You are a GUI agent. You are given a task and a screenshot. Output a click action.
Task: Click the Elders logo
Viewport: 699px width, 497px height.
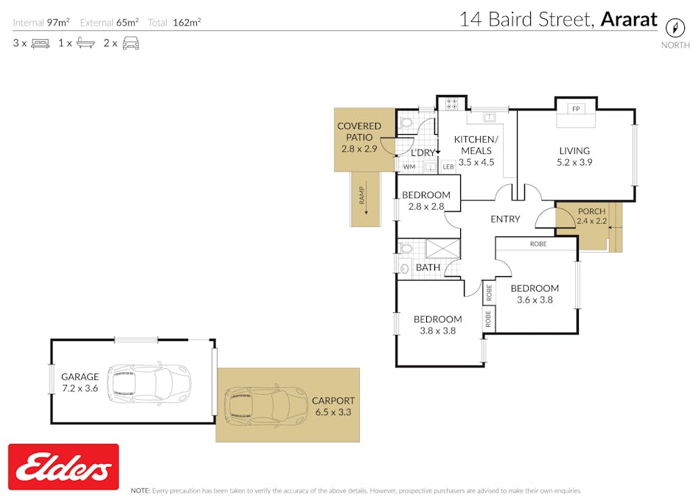coord(63,467)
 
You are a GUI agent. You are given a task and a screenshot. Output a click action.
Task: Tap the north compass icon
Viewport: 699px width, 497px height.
coord(675,28)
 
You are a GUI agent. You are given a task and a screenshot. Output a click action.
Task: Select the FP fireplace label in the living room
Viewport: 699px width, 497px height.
coord(576,109)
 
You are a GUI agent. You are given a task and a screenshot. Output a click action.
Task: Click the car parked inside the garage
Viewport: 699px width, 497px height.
coord(149,381)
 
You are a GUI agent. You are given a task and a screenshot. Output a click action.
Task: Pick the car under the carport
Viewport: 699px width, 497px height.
coord(265,405)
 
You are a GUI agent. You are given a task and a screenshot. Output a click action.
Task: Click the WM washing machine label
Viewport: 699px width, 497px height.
coord(409,167)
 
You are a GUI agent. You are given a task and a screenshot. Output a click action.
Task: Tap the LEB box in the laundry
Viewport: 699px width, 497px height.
coord(448,167)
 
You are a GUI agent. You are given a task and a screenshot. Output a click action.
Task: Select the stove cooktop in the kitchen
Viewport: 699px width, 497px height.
coord(452,104)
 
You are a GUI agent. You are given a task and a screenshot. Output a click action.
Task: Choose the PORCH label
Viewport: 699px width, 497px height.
coord(591,211)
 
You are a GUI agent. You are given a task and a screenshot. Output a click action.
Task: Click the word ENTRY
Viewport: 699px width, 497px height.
coord(505,219)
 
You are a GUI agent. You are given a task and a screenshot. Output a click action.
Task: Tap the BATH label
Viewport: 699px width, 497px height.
coord(428,267)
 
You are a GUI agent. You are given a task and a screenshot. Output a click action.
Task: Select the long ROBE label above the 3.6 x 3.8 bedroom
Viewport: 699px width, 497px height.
coord(538,244)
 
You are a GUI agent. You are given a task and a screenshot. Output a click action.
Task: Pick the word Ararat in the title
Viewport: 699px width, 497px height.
coord(628,19)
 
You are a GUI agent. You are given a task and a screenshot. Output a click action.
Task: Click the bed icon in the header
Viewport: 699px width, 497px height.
coord(40,43)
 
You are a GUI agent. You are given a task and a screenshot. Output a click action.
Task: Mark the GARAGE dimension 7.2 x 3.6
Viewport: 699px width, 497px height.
coord(80,388)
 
